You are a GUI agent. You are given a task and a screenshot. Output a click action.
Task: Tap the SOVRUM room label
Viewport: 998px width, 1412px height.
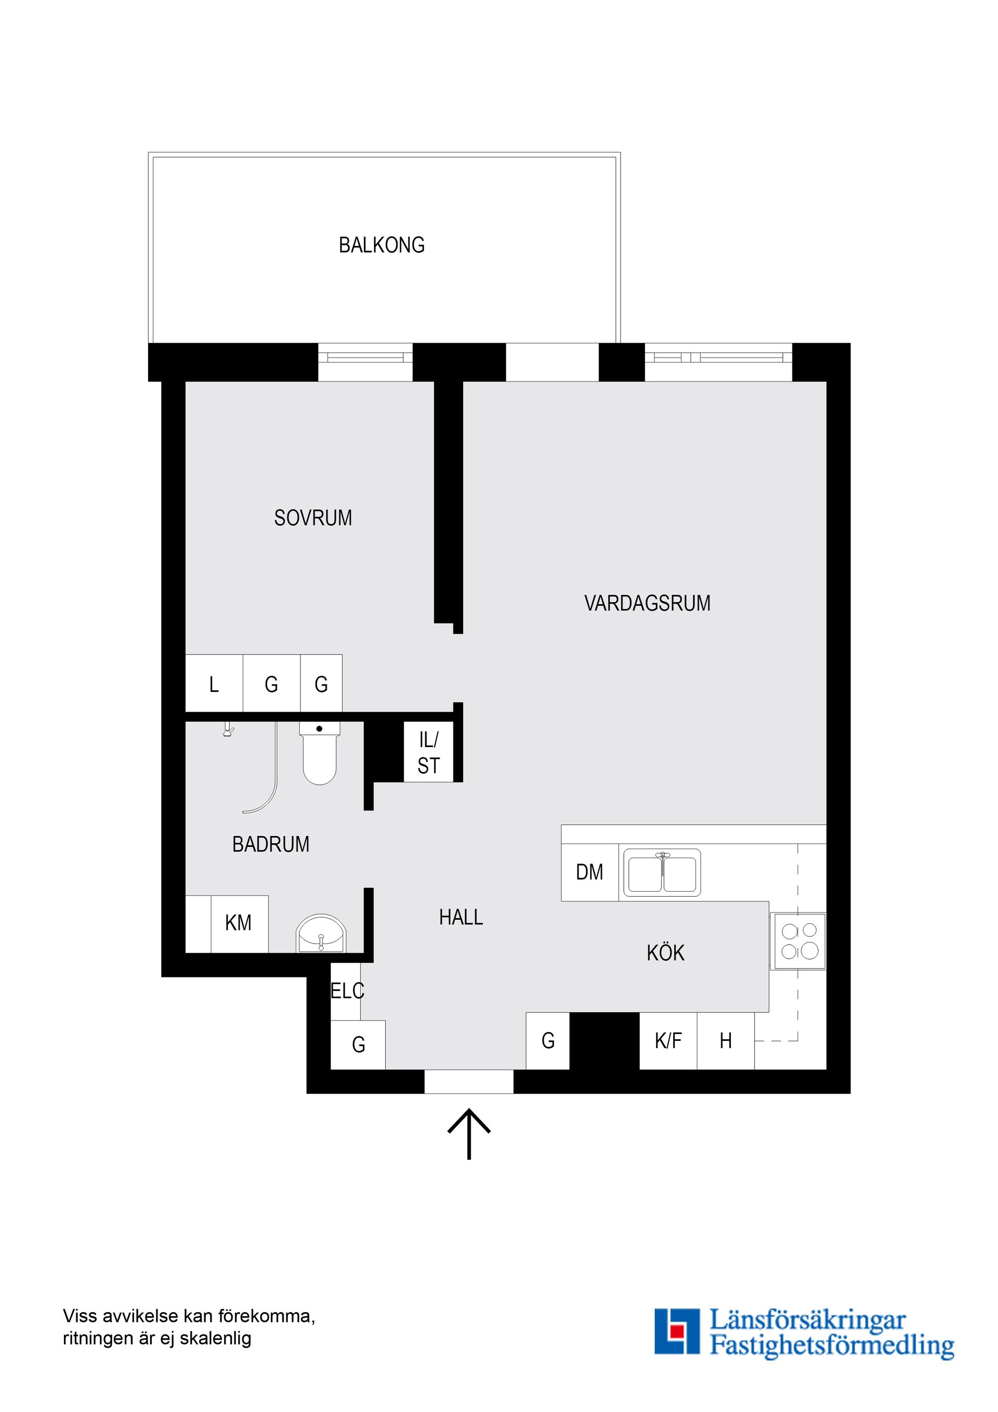[313, 518]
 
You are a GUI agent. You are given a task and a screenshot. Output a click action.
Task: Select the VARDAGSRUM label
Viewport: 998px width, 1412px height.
[647, 603]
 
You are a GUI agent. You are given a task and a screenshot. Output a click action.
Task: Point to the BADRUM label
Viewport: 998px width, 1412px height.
[271, 844]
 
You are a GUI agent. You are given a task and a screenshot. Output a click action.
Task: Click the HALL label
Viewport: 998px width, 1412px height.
[461, 918]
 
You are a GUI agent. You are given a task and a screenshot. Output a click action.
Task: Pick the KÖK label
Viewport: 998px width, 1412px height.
[665, 952]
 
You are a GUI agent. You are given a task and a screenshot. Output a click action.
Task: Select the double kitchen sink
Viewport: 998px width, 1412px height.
[662, 872]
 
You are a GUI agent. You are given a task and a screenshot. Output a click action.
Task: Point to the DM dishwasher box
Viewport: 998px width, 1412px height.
[589, 872]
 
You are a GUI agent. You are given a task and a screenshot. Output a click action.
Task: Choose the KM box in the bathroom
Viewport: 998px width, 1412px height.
[239, 923]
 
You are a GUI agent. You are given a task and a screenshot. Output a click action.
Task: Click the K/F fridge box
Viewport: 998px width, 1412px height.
[668, 1041]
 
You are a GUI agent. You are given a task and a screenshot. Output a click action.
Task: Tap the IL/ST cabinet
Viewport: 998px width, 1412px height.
[429, 753]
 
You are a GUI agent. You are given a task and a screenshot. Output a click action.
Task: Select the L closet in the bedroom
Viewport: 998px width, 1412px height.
[214, 684]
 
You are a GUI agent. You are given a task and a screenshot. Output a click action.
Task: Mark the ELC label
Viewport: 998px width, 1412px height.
[347, 991]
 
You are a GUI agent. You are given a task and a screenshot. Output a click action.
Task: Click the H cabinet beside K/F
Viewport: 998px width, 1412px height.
[726, 1041]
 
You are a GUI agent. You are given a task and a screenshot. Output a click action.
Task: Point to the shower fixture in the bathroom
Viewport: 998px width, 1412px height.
[228, 731]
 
